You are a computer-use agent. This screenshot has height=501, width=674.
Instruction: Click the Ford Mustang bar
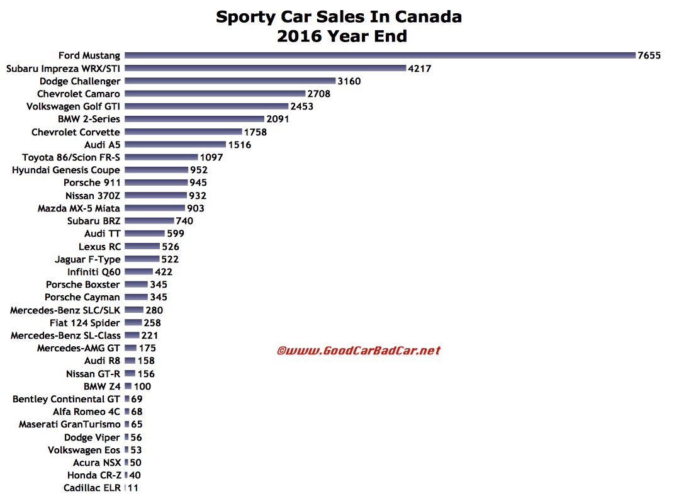click(x=379, y=55)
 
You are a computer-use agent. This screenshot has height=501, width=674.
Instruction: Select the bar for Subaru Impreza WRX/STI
click(x=265, y=68)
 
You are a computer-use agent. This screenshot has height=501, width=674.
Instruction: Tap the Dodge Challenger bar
click(x=230, y=81)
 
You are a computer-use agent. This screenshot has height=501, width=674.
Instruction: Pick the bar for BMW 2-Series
click(x=194, y=119)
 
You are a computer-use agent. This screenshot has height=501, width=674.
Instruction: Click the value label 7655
click(x=649, y=55)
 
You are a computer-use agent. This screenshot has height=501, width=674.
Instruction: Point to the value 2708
click(x=319, y=94)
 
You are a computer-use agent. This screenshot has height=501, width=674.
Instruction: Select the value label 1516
click(x=240, y=145)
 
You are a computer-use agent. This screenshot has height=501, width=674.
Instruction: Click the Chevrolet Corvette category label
click(x=76, y=132)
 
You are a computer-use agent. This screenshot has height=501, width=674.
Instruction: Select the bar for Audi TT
click(x=145, y=234)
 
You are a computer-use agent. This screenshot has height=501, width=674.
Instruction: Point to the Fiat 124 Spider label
click(x=85, y=323)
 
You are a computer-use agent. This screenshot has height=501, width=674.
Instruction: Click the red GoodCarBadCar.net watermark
click(x=359, y=351)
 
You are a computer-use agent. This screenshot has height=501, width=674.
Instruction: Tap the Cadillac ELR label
click(x=92, y=488)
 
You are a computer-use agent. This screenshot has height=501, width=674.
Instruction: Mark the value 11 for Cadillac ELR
click(x=133, y=488)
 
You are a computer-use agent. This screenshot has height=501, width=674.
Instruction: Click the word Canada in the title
click(x=432, y=16)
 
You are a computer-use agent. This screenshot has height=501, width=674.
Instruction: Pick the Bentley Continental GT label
click(x=67, y=399)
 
